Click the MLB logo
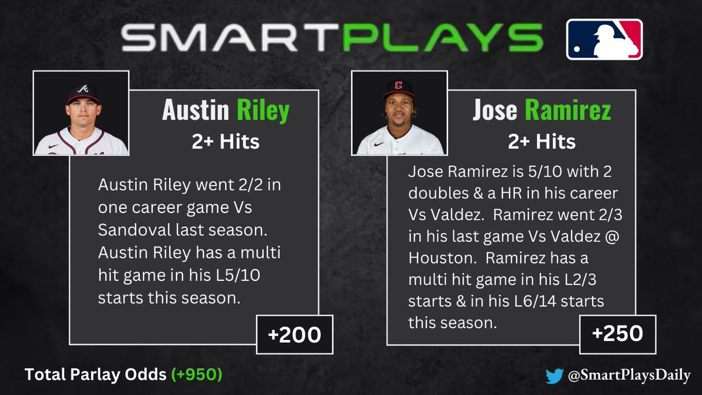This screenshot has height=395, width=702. click(604, 39)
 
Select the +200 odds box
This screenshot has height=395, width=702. click(294, 335)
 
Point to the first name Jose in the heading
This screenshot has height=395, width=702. click(495, 111)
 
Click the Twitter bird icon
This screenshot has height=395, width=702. click(554, 375)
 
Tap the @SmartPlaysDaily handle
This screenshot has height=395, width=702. click(629, 375)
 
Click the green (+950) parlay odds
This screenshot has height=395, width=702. click(196, 375)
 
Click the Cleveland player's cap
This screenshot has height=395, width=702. click(398, 87)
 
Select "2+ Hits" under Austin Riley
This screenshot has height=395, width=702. click(225, 142)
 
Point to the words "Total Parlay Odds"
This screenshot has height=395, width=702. click(95, 375)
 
